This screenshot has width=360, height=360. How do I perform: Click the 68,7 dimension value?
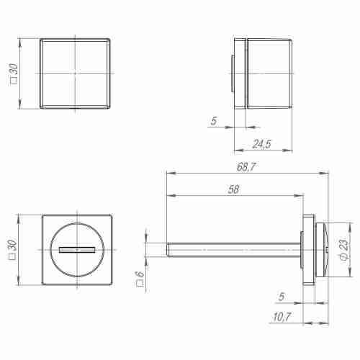pos(246,167)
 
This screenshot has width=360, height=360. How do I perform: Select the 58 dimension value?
pos(232,190)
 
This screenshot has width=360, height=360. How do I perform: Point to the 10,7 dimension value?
pos(282,318)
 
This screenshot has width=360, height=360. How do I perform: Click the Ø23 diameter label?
pos(343,250)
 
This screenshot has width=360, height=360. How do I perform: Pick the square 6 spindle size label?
pos(140,274)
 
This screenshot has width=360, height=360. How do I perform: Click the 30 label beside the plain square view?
pos(14,73)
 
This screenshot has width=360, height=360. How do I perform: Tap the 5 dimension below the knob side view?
pos(213,122)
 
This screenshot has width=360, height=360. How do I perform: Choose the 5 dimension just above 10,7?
pos(282,296)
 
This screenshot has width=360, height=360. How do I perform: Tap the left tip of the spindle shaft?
pos(168,249)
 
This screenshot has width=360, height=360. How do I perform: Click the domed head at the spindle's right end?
pos(323,249)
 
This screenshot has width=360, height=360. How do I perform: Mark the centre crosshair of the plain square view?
pos(75,73)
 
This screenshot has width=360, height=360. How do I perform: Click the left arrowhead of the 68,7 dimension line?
pos(169,173)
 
